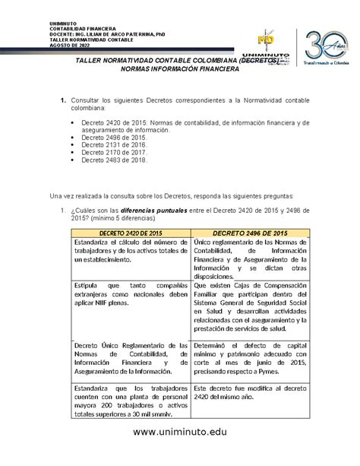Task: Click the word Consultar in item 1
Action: click(88, 100)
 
